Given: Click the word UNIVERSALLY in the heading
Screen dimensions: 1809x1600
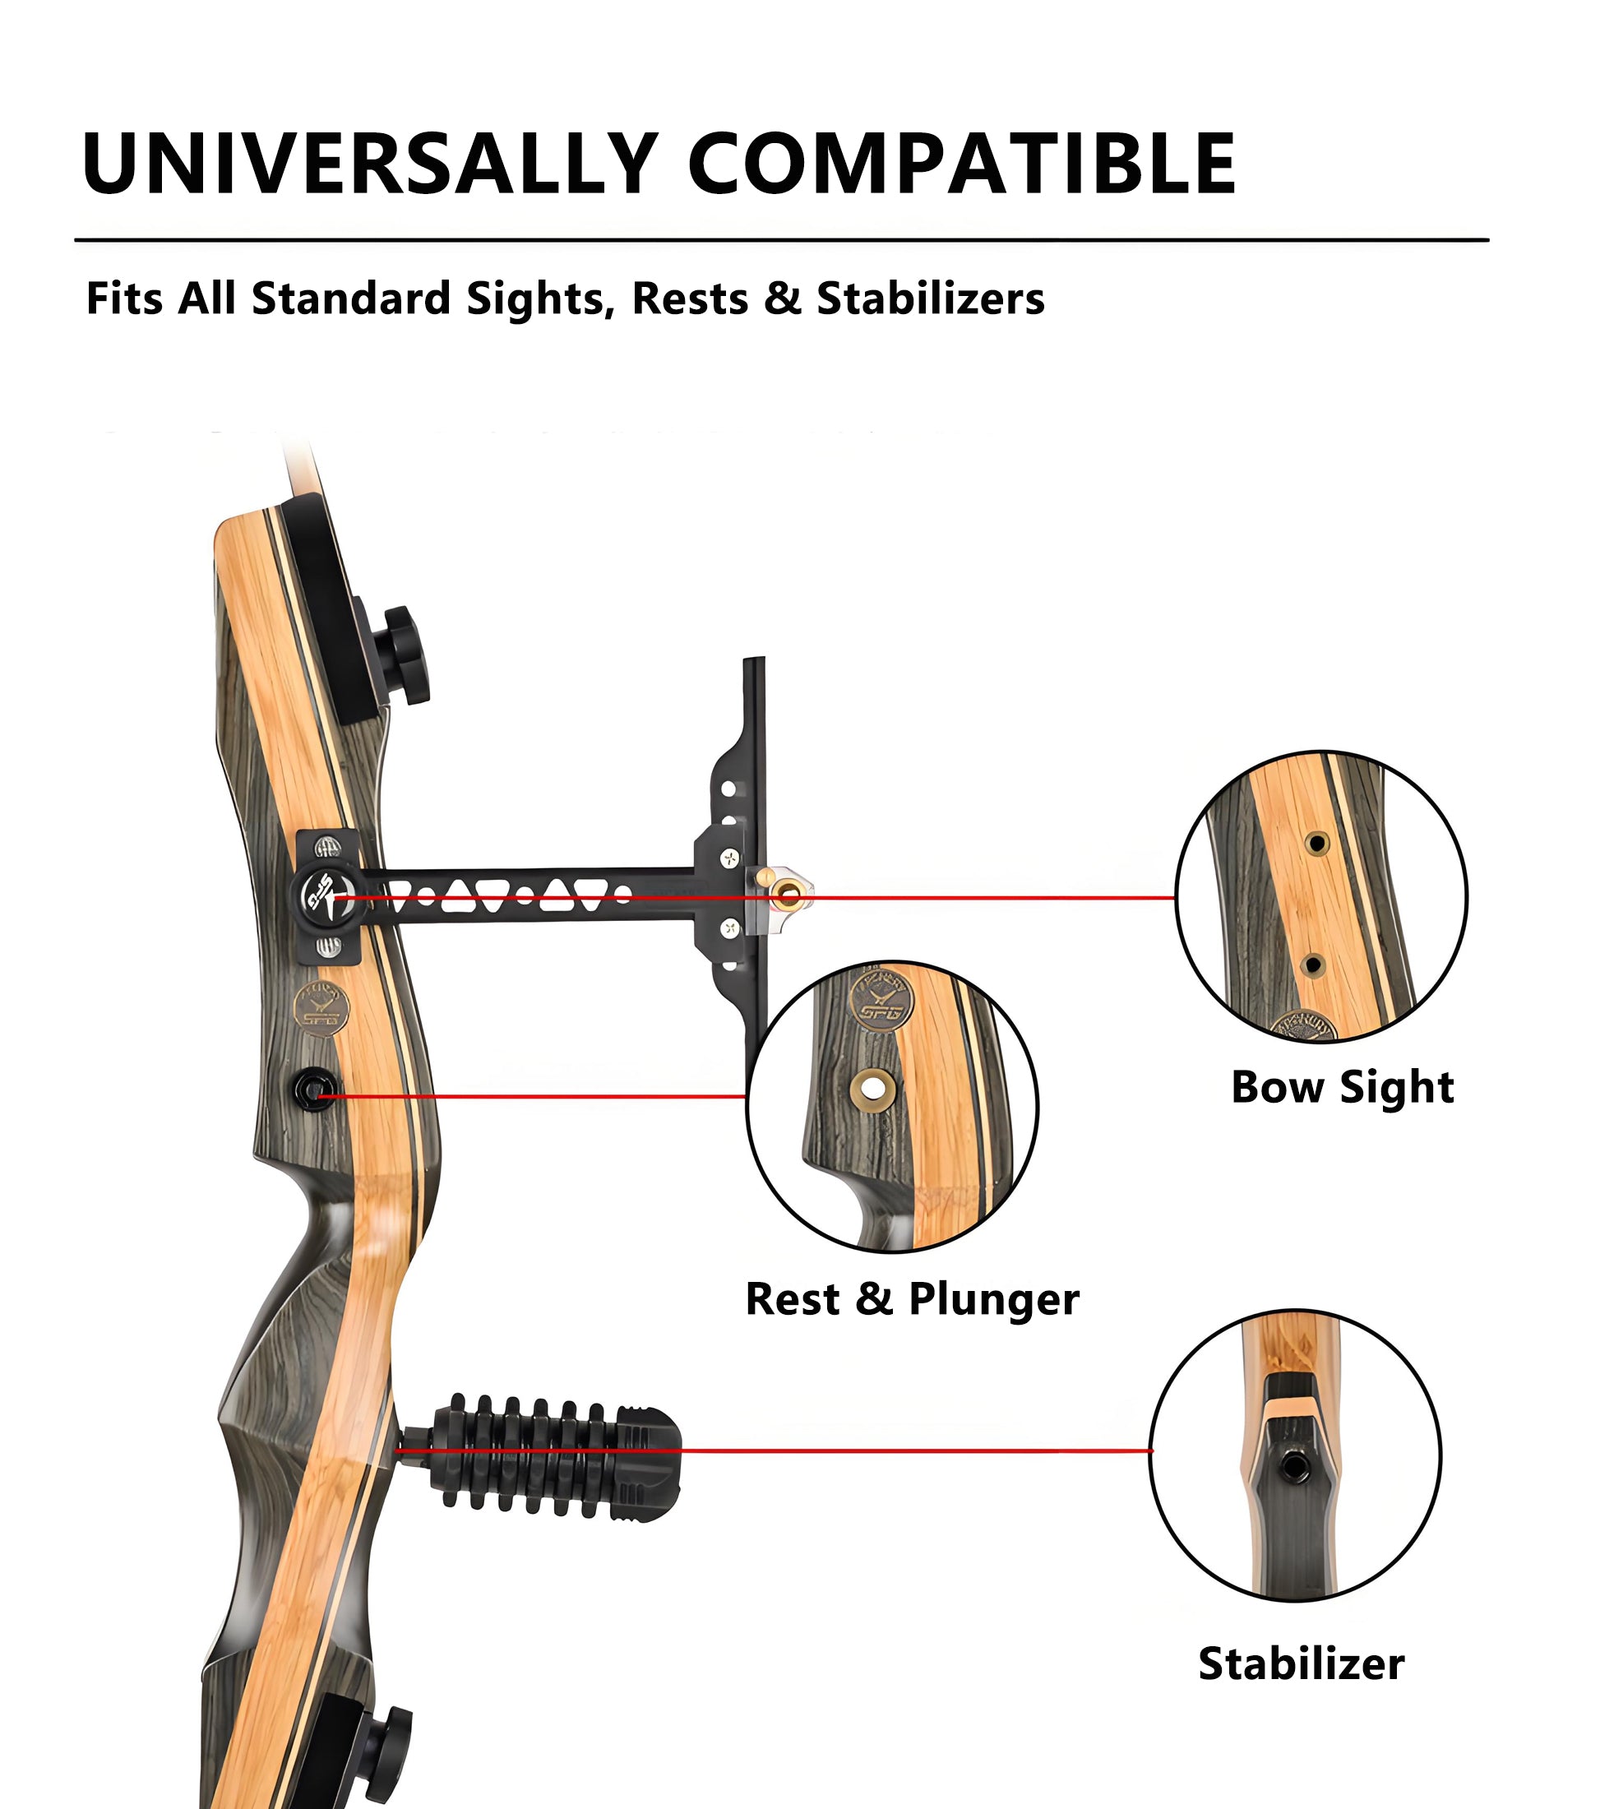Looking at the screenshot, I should point(370,163).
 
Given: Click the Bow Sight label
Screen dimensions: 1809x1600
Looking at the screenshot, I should point(1342,1087).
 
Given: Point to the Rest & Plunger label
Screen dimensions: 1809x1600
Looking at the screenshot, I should point(912,1299).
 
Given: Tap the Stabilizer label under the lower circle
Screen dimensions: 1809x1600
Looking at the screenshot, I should point(1301,1663).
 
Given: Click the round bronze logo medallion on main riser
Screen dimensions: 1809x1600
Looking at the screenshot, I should point(321,1008).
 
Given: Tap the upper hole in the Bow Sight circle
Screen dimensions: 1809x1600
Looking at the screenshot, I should point(1316,843).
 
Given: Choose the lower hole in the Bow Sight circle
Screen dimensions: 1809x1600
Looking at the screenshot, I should point(1313,964).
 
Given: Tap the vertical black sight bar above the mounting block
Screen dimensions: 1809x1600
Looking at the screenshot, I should point(754,708).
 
